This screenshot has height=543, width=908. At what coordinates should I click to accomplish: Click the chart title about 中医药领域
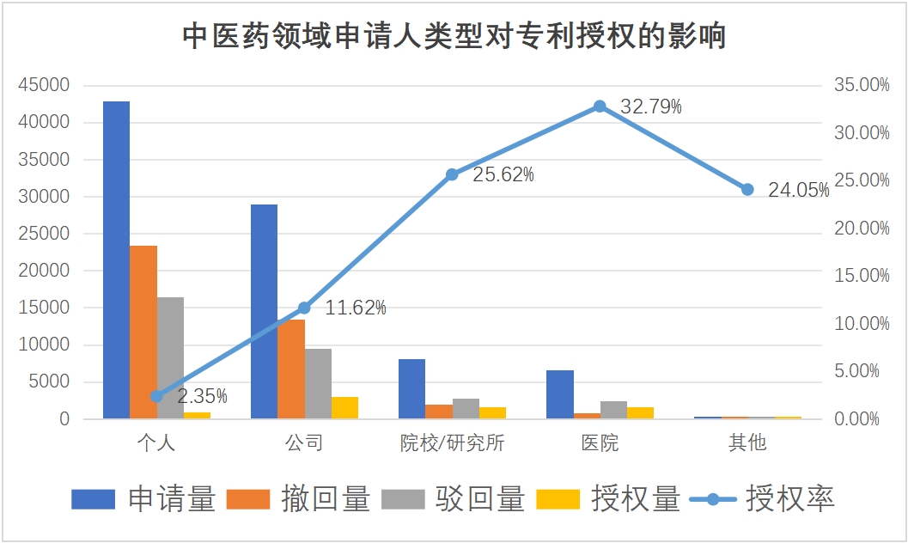[454, 37]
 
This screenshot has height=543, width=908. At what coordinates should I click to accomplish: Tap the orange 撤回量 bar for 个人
[143, 332]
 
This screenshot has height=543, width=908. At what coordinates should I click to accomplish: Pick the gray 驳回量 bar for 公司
[318, 383]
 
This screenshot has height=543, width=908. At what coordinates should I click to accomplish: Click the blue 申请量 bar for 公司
[264, 311]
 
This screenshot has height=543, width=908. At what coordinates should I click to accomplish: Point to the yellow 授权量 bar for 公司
[344, 407]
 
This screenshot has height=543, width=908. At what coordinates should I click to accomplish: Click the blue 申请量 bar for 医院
[560, 394]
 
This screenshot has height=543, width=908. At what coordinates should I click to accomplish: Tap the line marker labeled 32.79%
[600, 107]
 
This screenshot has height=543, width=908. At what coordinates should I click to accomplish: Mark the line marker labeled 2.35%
[156, 396]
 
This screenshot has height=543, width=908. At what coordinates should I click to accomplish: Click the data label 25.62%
[503, 175]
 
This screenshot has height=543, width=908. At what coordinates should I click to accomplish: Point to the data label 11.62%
[356, 308]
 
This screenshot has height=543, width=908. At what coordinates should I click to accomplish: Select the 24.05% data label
[798, 191]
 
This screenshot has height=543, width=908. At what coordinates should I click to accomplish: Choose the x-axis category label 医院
[599, 443]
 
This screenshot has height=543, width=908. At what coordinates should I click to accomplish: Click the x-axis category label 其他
[747, 443]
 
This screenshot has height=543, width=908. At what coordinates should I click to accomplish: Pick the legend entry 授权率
[789, 498]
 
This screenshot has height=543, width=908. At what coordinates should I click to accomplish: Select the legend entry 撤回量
[326, 498]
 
